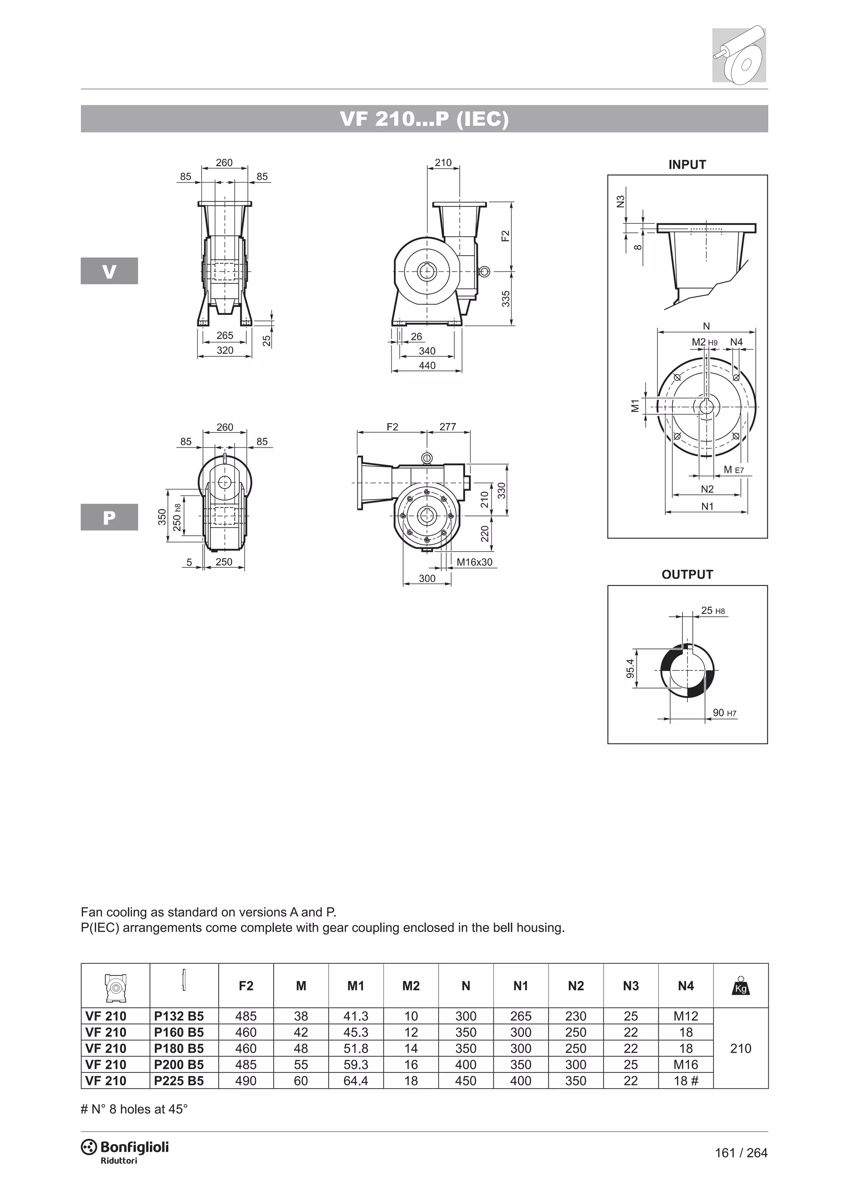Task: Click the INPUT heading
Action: point(687,165)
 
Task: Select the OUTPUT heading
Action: point(687,574)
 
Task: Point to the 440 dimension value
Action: point(427,365)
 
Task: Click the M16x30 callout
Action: point(474,562)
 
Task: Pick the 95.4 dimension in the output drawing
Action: point(631,668)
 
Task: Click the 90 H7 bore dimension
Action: point(725,713)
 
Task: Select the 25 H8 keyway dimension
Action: point(713,610)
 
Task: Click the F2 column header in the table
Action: point(246,986)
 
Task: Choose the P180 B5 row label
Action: point(179,1048)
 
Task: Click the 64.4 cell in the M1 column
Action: point(356,1081)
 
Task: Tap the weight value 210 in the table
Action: point(740,1048)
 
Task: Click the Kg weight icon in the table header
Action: point(740,986)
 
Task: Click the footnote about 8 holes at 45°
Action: point(134,1109)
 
